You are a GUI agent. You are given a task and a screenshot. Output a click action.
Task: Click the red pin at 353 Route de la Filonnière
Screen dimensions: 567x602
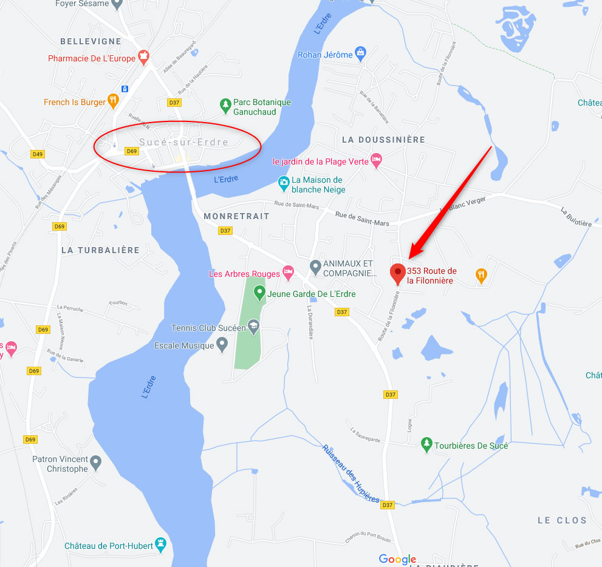398,273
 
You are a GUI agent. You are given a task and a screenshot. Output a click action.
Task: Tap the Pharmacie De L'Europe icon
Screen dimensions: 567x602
143,58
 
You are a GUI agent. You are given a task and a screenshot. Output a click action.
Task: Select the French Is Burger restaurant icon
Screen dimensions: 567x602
112,101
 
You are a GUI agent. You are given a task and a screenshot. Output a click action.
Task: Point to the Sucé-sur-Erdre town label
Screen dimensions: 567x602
183,142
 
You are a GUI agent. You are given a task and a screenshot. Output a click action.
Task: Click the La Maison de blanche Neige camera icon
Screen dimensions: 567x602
283,182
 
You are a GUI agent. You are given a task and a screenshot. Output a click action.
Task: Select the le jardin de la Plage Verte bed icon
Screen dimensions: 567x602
376,161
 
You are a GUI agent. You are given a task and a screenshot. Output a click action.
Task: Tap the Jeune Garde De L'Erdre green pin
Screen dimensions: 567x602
259,293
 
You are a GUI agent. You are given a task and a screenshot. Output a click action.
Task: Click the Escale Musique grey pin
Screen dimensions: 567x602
222,345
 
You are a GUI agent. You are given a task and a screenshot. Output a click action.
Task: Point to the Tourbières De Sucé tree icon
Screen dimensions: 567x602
427,444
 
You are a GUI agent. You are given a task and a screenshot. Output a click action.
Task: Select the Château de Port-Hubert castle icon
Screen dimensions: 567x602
161,545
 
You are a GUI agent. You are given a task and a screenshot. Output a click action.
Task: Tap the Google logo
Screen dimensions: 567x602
397,559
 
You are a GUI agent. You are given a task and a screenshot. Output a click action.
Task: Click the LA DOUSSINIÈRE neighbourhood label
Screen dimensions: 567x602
383,140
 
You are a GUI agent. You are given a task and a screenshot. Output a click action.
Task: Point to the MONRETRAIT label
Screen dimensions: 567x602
236,216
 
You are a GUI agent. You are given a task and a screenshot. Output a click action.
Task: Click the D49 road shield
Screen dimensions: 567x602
38,154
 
